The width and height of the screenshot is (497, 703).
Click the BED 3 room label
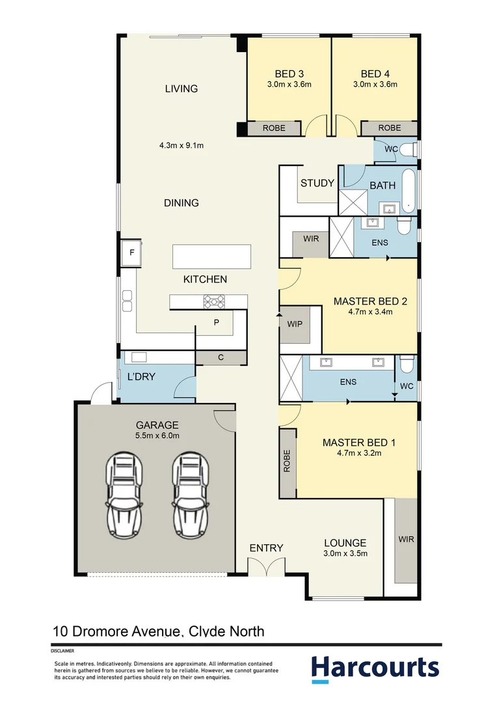coord(289,74)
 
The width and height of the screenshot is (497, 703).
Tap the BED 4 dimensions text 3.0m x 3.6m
coord(375,84)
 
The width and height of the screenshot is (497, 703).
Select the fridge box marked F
coord(131,253)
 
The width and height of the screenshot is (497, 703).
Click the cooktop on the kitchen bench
coord(214,302)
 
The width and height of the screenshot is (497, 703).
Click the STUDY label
coord(317,183)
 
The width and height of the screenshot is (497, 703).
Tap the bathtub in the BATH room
coord(409,190)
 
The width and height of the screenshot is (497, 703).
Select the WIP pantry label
coord(295,324)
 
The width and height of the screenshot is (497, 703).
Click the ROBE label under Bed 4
coord(390,128)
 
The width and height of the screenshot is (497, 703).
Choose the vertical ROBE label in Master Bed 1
coord(288,461)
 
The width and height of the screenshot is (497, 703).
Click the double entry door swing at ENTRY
coord(266,566)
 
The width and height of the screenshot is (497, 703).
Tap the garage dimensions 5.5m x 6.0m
coord(157,435)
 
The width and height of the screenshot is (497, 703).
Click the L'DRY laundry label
coord(141,377)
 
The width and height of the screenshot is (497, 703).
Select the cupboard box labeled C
coord(221,358)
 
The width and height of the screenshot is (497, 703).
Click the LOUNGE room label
coord(345,543)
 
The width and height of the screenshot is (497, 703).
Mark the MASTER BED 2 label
coord(370,301)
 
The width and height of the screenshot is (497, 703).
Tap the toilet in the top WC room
coord(408,149)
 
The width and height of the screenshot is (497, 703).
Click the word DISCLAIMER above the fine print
coord(62,650)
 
